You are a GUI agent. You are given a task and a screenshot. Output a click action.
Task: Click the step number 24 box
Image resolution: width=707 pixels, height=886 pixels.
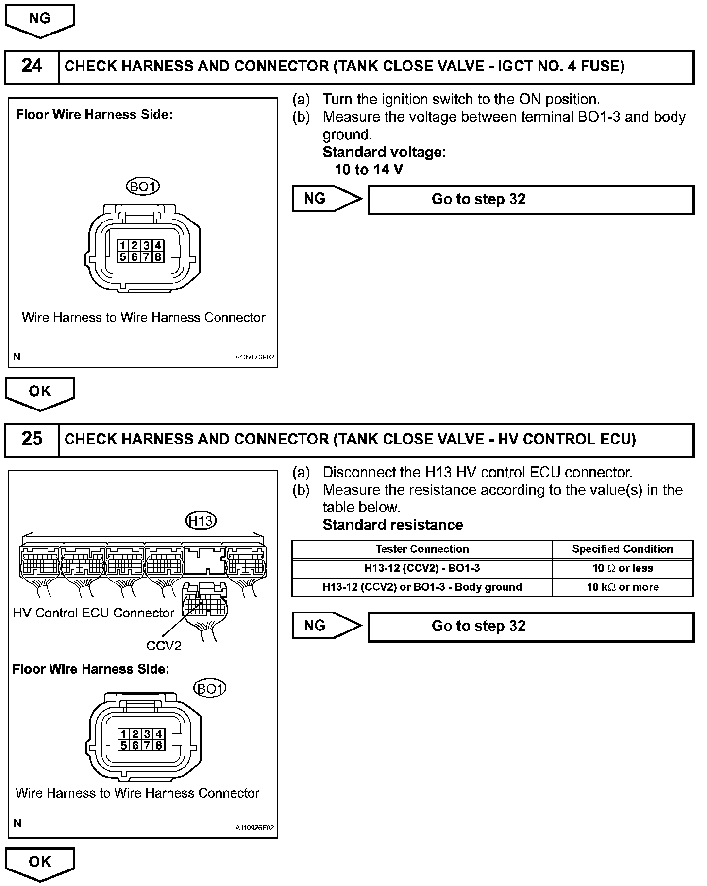point(32,66)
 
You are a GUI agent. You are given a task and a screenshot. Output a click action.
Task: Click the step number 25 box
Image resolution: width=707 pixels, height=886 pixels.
point(32,439)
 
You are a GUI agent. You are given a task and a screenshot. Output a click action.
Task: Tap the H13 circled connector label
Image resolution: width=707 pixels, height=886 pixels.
point(201,521)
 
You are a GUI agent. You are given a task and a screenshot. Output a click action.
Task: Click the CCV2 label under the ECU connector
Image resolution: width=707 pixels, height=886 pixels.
point(164,646)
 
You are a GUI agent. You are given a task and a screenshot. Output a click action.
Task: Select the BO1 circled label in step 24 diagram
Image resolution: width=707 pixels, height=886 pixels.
point(142,186)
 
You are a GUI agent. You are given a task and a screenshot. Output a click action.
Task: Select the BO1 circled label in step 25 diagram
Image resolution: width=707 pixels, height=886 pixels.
point(210,688)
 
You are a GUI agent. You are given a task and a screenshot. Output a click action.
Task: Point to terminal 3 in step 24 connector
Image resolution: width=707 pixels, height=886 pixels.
point(146,246)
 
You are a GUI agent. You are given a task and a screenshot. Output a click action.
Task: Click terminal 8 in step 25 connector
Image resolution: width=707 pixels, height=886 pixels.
point(158,745)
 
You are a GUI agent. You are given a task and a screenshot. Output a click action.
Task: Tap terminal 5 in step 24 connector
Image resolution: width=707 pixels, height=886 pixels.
point(123,256)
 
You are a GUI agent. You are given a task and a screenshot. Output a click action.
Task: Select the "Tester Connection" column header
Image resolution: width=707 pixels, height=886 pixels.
point(421,549)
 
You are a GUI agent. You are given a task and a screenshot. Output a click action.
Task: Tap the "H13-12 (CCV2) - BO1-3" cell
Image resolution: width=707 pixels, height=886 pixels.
point(421,568)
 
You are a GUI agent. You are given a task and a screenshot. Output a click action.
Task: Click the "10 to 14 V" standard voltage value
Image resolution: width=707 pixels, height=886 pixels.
point(369,170)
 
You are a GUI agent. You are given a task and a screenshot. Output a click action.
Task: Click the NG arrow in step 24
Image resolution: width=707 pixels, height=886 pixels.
point(326,199)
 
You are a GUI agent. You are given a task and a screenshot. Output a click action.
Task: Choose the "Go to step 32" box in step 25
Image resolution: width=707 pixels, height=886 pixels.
point(531,627)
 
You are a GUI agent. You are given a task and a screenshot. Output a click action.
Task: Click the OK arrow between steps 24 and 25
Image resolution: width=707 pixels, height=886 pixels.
point(40,392)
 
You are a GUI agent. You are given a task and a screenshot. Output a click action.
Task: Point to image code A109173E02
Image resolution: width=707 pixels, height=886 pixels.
point(254,357)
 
